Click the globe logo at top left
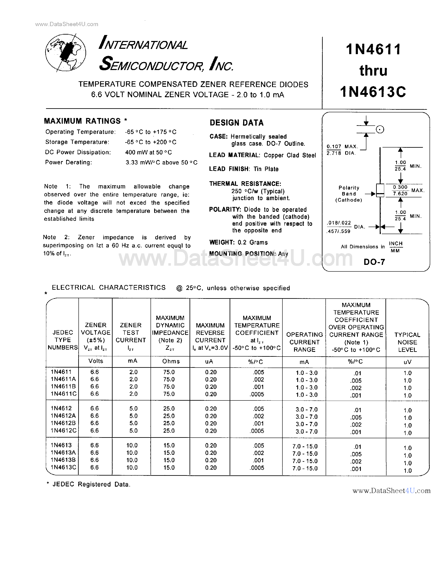[66, 53]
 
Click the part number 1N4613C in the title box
[373, 92]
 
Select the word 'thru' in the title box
[373, 71]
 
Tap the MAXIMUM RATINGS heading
[82, 121]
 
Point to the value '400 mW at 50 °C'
[148, 152]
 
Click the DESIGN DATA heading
[237, 123]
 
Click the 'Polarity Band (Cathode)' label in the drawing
[349, 194]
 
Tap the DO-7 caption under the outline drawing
[374, 262]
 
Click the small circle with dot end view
[380, 130]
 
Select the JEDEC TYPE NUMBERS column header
[63, 340]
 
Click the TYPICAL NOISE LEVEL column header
[407, 342]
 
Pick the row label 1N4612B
[63, 423]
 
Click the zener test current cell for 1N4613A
[132, 453]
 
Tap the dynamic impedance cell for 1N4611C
[169, 394]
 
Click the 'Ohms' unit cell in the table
[171, 361]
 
